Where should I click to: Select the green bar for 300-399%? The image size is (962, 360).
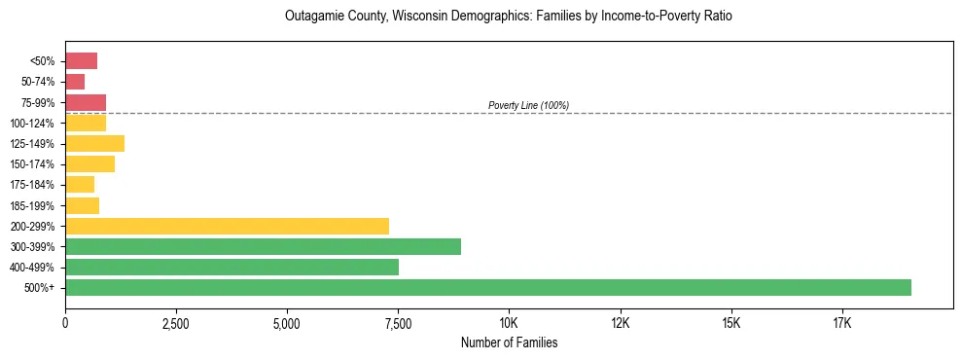[263, 246]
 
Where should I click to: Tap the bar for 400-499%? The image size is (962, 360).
[232, 267]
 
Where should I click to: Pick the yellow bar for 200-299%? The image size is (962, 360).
[227, 226]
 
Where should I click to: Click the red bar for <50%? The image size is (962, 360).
[81, 61]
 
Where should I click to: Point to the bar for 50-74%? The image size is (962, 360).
[75, 82]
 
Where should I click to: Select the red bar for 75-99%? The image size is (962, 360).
[86, 102]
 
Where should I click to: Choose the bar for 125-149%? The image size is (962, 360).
[94, 144]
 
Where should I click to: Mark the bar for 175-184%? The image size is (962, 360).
[80, 185]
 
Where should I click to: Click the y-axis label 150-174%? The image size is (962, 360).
[32, 164]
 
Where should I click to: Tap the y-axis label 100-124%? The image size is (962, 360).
[32, 124]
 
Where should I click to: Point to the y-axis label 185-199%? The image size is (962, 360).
[32, 205]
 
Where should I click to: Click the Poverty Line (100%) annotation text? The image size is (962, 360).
[528, 105]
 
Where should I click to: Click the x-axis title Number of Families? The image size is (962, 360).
[509, 342]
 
